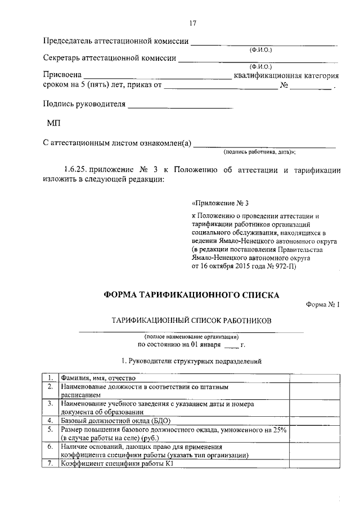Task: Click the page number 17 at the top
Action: pos(192,24)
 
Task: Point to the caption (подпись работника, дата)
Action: pos(260,152)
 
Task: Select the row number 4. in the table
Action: pos(50,420)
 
